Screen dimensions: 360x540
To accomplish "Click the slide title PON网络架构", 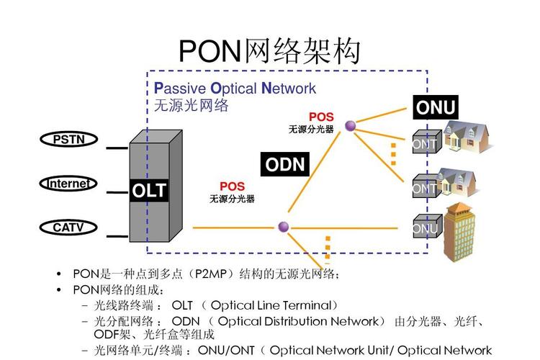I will pyautogui.click(x=269, y=51).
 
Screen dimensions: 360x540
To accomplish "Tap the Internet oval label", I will pyautogui.click(x=68, y=184).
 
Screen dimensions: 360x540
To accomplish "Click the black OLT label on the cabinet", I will pyautogui.click(x=149, y=191).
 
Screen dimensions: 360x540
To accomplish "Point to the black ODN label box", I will pyautogui.click(x=285, y=164).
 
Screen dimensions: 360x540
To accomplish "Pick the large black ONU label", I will pyautogui.click(x=436, y=108).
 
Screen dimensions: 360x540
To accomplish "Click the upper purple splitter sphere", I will pyautogui.click(x=350, y=126).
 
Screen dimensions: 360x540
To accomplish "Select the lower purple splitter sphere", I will pyautogui.click(x=284, y=227).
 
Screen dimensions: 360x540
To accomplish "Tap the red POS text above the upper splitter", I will pyautogui.click(x=321, y=117).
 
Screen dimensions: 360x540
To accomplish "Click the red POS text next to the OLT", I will pyautogui.click(x=232, y=186).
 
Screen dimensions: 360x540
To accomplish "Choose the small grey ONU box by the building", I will pyautogui.click(x=425, y=228).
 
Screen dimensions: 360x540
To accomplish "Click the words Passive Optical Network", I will pyautogui.click(x=235, y=89).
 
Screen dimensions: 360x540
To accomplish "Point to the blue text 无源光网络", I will pyautogui.click(x=191, y=105).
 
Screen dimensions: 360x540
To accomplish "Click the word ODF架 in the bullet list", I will pyautogui.click(x=110, y=335).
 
